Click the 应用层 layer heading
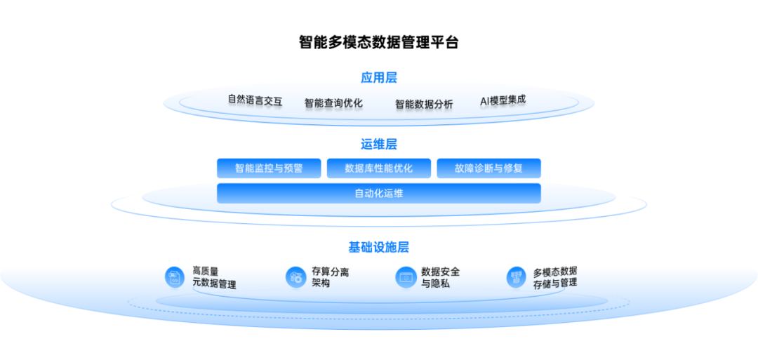click(379, 76)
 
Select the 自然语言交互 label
click(255, 101)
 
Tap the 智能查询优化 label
click(333, 104)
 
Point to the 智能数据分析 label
click(424, 105)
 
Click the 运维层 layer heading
click(379, 145)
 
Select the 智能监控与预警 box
click(269, 168)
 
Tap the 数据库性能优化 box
click(379, 168)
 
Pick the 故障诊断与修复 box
click(488, 168)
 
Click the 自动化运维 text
click(379, 194)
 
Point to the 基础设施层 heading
click(379, 247)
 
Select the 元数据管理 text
click(214, 284)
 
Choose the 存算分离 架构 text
click(330, 277)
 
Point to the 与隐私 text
click(435, 284)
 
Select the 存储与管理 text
click(554, 284)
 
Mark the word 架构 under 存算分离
click(321, 284)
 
